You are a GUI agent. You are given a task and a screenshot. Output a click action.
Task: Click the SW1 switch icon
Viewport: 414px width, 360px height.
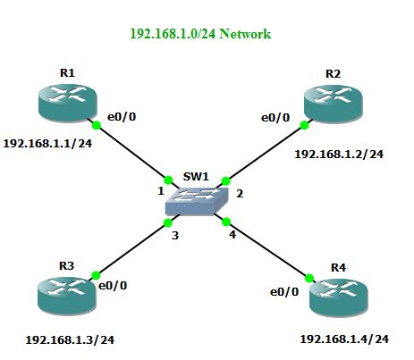click(x=198, y=202)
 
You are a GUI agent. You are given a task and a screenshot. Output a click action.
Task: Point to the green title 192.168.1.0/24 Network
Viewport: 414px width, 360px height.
click(x=200, y=34)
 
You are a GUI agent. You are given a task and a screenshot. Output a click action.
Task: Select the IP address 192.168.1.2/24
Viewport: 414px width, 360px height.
click(x=339, y=154)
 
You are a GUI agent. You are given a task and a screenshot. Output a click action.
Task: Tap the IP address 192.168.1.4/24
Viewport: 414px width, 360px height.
click(x=344, y=339)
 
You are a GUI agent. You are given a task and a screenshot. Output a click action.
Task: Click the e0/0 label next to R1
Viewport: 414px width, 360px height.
click(x=123, y=116)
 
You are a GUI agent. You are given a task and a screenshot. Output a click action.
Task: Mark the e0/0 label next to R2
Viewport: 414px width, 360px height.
click(x=275, y=117)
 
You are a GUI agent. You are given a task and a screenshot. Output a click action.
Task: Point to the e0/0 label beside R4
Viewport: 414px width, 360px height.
click(x=285, y=290)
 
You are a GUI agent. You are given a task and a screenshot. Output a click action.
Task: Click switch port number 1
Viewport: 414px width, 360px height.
click(x=161, y=191)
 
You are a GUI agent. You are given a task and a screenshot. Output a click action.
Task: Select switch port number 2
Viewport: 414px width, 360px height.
click(x=239, y=194)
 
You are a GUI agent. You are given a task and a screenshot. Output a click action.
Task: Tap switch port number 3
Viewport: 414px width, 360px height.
click(x=176, y=236)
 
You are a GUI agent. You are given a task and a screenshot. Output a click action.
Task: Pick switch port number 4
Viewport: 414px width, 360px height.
click(x=232, y=236)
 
